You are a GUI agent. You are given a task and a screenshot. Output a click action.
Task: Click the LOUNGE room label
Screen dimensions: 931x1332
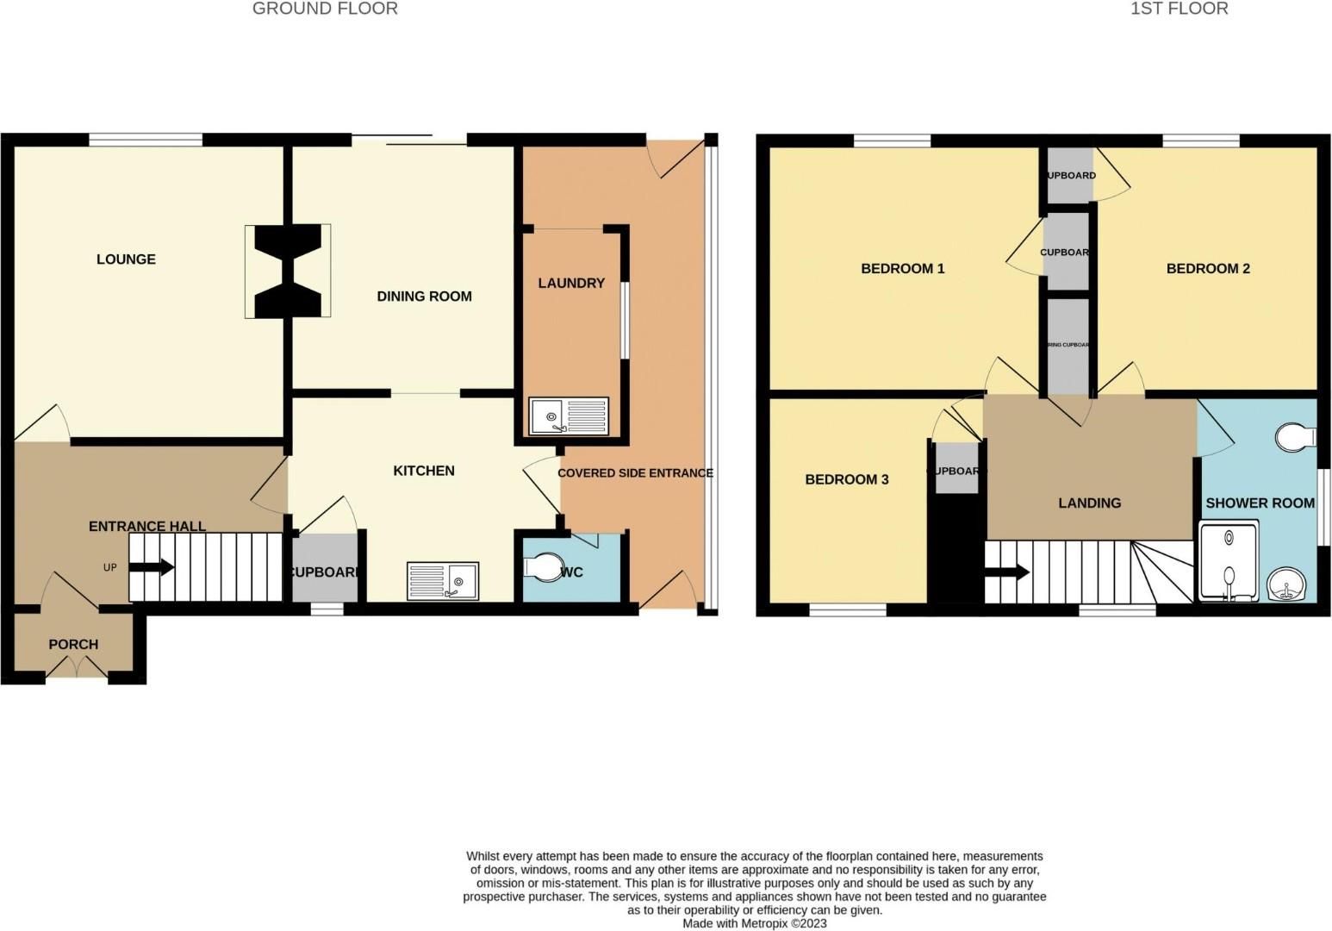(x=126, y=259)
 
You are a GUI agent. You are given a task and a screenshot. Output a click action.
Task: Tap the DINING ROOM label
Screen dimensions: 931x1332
(x=424, y=297)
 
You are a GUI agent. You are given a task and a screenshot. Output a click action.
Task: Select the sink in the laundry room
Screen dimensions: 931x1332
(x=568, y=416)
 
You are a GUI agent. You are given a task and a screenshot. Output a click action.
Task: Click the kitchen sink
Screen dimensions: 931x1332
(x=443, y=580)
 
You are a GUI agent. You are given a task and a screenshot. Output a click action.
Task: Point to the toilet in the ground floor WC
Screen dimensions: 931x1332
(x=543, y=567)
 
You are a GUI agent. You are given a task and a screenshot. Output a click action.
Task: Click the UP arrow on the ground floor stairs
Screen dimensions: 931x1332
(x=154, y=567)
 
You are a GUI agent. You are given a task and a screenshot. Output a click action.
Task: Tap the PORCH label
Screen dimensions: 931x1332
(x=73, y=645)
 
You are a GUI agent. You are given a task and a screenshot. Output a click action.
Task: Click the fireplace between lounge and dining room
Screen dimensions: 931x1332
(x=288, y=272)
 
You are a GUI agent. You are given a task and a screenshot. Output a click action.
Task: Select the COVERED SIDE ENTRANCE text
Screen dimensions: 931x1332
(x=635, y=473)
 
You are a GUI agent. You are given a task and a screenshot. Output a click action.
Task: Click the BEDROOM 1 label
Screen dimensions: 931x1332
(x=902, y=269)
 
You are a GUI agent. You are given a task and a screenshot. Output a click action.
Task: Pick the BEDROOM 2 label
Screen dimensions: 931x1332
(x=1207, y=269)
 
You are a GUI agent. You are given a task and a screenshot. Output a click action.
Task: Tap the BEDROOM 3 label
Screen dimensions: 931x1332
(x=846, y=480)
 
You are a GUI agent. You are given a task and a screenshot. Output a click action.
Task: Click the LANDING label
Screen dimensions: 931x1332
(x=1089, y=503)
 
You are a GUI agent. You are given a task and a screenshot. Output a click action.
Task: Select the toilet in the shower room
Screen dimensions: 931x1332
(x=1296, y=437)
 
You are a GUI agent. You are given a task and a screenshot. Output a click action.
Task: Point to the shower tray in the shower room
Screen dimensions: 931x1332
(x=1227, y=561)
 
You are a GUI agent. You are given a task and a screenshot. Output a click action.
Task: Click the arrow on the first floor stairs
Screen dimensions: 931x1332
(x=1010, y=572)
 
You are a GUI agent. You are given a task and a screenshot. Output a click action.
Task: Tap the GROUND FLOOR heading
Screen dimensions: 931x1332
(x=325, y=9)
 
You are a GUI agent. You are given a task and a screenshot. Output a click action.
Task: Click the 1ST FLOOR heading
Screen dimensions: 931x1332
(x=1179, y=9)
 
